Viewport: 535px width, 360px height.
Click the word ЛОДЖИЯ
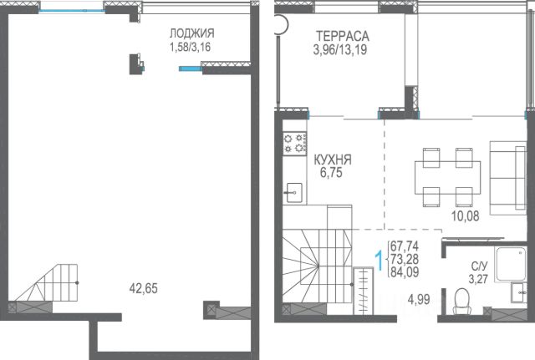pyautogui.click(x=192, y=33)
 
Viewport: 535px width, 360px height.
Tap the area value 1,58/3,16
pyautogui.click(x=190, y=47)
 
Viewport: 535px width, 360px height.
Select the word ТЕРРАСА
pyautogui.click(x=343, y=36)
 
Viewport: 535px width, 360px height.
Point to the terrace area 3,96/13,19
pyautogui.click(x=340, y=50)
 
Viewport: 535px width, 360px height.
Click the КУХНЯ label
pyautogui.click(x=333, y=160)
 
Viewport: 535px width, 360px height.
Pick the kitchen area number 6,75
pyautogui.click(x=331, y=173)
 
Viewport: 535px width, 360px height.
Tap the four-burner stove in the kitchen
pyautogui.click(x=295, y=143)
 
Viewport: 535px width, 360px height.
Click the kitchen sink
pyautogui.click(x=293, y=193)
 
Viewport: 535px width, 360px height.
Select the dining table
pyautogui.click(x=448, y=177)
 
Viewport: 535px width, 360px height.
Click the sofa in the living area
pyautogui.click(x=507, y=178)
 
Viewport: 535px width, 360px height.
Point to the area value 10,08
pyautogui.click(x=466, y=215)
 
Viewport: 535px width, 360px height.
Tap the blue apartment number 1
pyautogui.click(x=379, y=260)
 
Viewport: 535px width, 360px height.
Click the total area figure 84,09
pyautogui.click(x=405, y=272)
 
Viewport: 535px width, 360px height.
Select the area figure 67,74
pyautogui.click(x=405, y=246)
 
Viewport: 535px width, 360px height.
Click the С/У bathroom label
pyautogui.click(x=479, y=266)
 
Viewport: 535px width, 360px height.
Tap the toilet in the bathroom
pyautogui.click(x=461, y=301)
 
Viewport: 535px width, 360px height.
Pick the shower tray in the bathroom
pyautogui.click(x=511, y=264)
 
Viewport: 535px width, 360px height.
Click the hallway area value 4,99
pyautogui.click(x=419, y=300)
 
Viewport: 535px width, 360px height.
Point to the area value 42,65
pyautogui.click(x=144, y=288)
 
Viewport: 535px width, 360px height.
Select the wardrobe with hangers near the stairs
pyautogui.click(x=364, y=291)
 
